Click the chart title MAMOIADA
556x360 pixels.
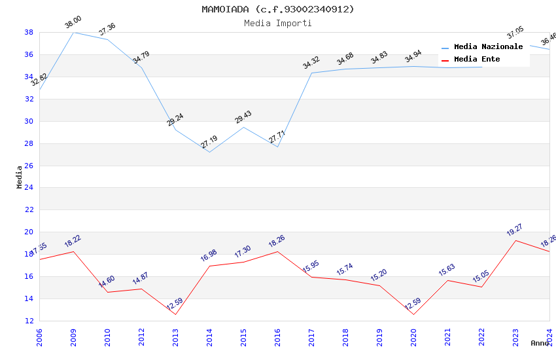click(278, 9)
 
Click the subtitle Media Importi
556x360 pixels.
click(278, 23)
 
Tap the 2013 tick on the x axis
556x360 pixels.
click(175, 337)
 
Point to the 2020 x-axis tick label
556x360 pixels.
click(413, 337)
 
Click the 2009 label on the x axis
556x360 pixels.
click(73, 337)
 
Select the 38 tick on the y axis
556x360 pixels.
click(29, 32)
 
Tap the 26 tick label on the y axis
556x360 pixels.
click(29, 166)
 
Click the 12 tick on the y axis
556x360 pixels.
click(29, 321)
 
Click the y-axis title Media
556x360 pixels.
click(20, 177)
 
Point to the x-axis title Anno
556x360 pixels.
click(540, 343)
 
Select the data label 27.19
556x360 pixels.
click(209, 143)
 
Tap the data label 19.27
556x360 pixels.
click(515, 230)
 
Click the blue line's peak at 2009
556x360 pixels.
click(73, 32)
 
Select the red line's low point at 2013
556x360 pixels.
click(175, 314)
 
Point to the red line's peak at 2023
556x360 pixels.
click(515, 240)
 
